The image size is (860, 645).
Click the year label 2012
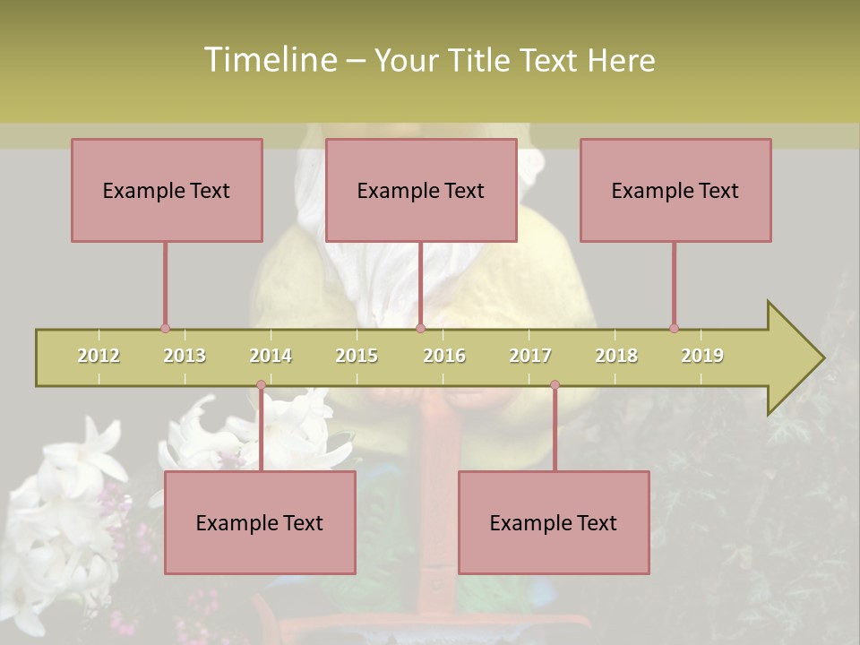99,356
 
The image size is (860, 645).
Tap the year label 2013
185,356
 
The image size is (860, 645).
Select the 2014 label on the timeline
271,356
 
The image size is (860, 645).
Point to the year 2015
357,356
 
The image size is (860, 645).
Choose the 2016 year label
444,356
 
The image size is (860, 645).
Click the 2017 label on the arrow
530,356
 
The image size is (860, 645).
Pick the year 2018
616,356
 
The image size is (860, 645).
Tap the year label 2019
702,356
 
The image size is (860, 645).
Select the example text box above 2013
167,190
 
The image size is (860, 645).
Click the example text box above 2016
421,190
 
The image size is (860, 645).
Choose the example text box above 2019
675,190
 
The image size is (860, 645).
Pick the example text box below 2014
260,522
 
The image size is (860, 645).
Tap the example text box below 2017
554,522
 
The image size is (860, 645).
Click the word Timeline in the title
269,60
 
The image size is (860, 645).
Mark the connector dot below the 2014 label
261,385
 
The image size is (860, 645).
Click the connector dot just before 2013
165,328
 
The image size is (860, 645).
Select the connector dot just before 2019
674,328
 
